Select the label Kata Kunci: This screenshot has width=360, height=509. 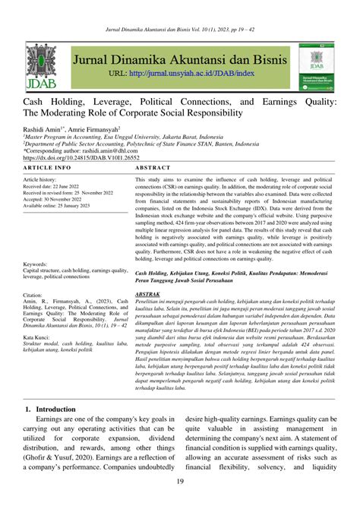tap(41, 315)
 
